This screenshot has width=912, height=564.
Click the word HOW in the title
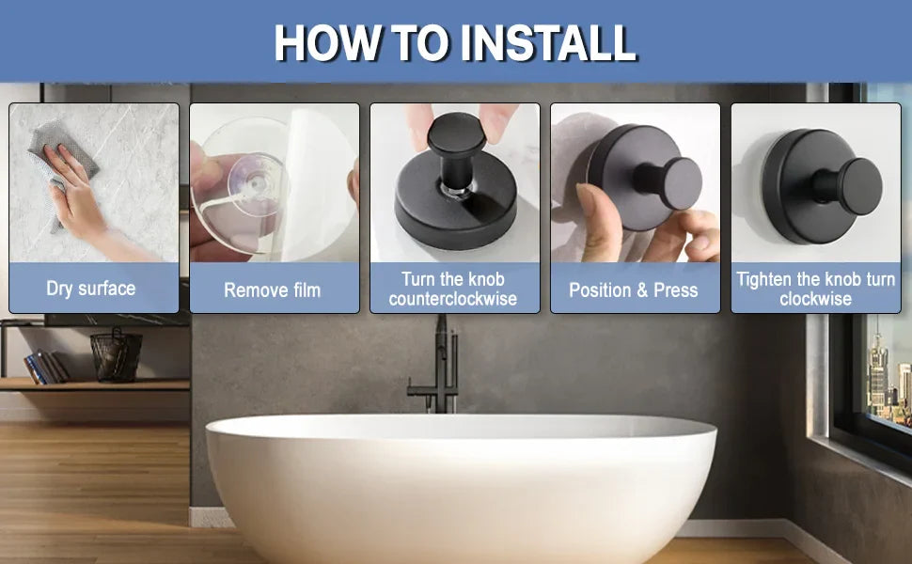click(x=329, y=42)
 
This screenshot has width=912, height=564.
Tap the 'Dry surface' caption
click(x=91, y=289)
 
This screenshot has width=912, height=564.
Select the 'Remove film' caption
click(x=273, y=290)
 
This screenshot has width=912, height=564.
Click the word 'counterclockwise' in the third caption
click(x=453, y=299)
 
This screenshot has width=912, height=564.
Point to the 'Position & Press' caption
click(x=634, y=290)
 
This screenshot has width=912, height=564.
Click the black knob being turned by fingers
click(x=457, y=149)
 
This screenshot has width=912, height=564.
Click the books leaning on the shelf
click(x=46, y=368)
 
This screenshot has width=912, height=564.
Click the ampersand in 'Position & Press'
click(x=643, y=290)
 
